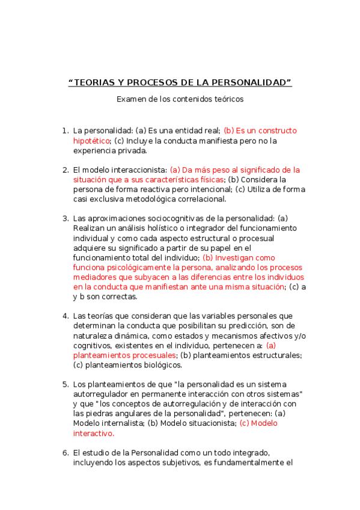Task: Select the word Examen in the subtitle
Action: [x=130, y=99]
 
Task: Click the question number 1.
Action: [x=65, y=131]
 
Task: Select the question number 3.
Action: [x=65, y=218]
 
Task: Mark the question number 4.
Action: [x=65, y=316]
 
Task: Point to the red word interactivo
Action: [x=93, y=433]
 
